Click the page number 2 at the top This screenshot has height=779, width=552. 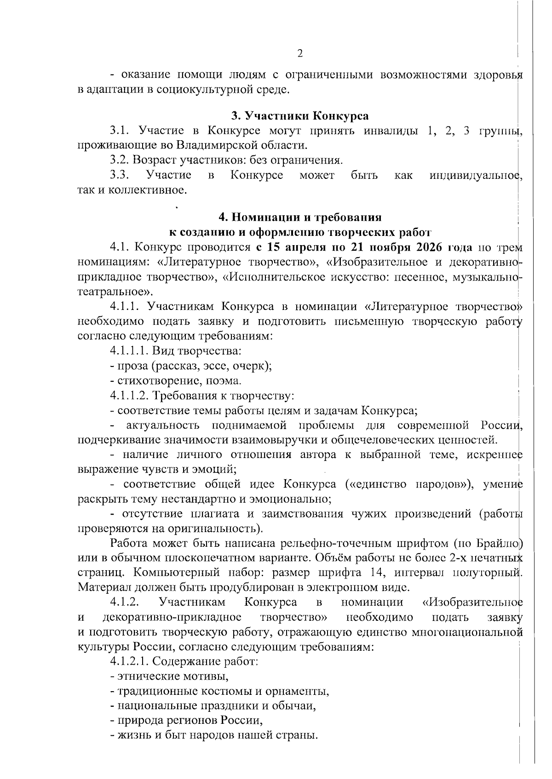point(300,54)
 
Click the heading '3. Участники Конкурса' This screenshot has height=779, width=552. point(300,115)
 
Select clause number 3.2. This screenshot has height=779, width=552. point(120,160)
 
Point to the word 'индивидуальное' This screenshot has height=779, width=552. point(473,175)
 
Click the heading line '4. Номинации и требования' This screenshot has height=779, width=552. point(300,217)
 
